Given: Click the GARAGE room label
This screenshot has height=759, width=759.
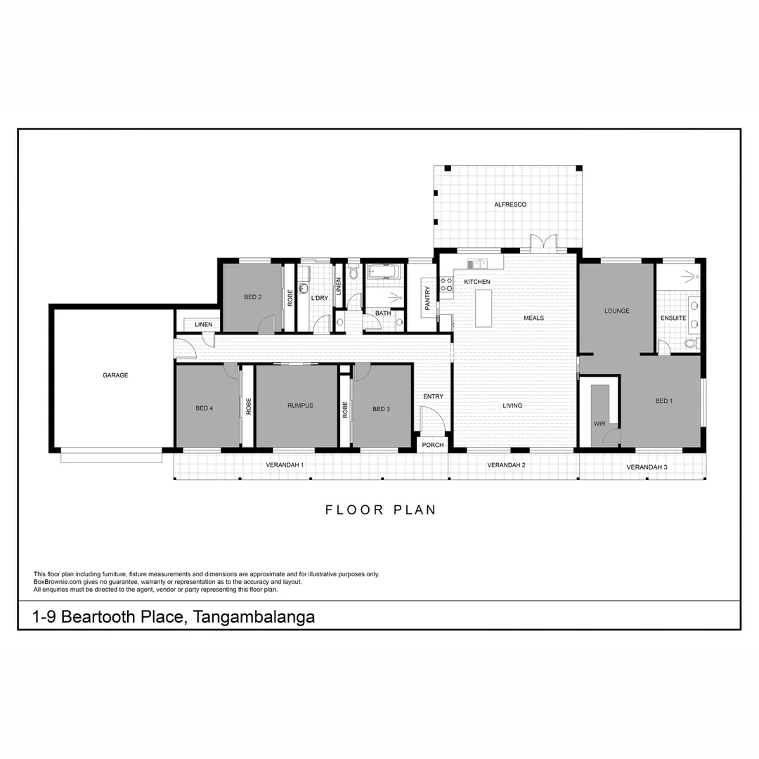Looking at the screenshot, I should coord(115,375).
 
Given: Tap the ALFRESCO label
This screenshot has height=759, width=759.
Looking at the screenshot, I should coord(510,205).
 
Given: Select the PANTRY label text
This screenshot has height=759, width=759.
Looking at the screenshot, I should coord(427,298).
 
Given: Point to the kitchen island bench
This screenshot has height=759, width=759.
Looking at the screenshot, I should coord(484,308).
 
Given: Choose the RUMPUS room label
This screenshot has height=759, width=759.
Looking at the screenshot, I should coord(300,406).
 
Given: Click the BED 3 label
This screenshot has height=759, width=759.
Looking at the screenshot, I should coord(381,409).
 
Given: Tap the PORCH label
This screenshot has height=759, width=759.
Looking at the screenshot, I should coord(432,445).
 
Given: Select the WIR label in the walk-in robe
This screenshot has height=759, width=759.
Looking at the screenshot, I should coord(599,424).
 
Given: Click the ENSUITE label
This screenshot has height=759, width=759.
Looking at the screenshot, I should coord(673,318).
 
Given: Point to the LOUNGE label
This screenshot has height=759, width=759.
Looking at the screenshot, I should coord(616,311).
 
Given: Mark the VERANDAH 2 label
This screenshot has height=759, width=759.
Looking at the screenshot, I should coord(506,465).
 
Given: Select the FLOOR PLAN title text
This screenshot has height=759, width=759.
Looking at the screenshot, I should coord(380,510).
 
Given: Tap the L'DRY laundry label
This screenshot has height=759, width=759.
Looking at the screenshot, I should coord(319,298).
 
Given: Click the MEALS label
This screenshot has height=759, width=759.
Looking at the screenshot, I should coord(533,318).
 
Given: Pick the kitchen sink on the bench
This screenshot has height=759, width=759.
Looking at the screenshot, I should coord(478,264).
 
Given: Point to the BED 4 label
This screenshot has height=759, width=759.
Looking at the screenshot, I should coord(204,408).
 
